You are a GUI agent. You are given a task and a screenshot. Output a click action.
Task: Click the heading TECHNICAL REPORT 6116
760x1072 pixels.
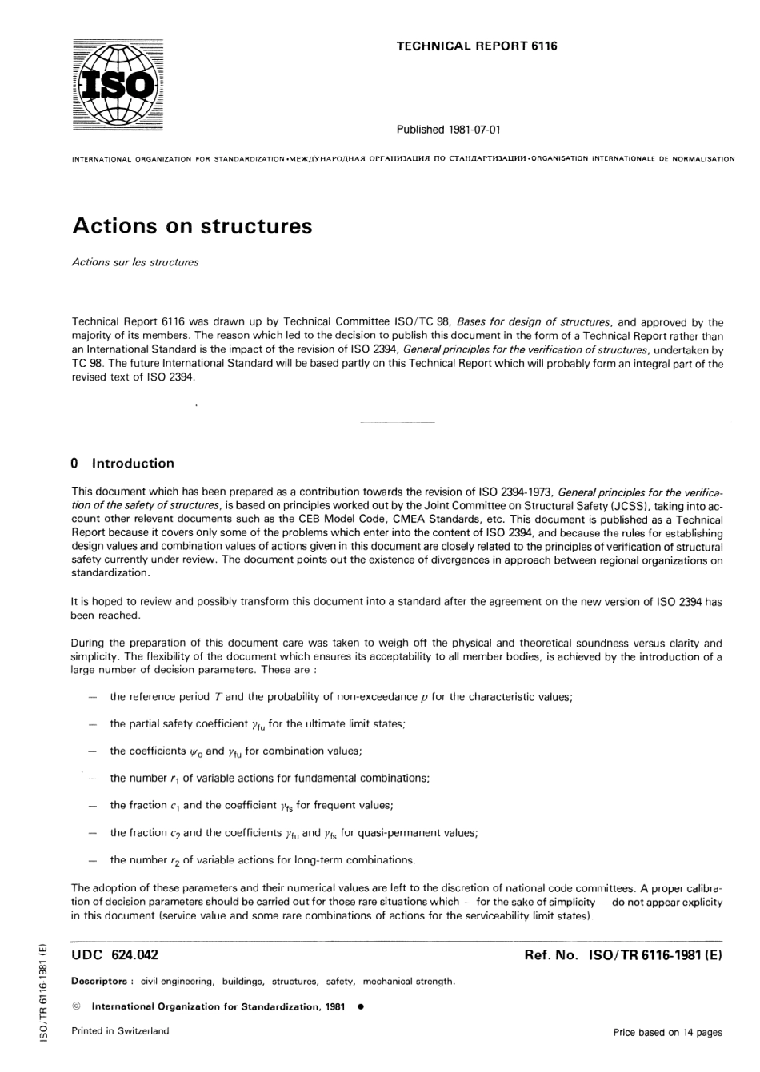pos(477,46)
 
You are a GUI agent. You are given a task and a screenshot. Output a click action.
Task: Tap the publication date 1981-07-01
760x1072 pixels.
pos(470,130)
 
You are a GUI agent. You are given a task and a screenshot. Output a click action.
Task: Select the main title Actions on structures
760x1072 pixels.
pos(192,226)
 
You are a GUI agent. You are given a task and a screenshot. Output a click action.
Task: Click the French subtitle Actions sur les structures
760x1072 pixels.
pos(135,262)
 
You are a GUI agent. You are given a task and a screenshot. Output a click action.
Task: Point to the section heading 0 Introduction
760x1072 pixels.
pos(122,463)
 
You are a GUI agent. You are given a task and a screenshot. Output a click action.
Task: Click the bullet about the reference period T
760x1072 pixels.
pos(341,697)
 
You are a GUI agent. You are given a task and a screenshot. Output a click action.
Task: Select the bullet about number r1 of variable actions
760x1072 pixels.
pos(270,778)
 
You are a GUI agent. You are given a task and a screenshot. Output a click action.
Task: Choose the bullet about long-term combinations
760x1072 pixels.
pos(262,860)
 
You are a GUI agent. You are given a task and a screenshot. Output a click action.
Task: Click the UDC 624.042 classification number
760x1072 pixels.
pos(115,955)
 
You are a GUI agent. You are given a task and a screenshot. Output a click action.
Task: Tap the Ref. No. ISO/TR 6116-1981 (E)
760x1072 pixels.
pos(622,955)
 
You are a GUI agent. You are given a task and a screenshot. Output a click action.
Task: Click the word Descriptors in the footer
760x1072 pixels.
pos(99,981)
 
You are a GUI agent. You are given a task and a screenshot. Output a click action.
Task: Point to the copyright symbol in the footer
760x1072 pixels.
pos(77,1006)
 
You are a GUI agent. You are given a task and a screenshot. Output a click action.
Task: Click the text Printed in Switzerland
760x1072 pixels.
pos(120,1031)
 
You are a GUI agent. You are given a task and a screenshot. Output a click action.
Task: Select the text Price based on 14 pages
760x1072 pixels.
pos(667,1032)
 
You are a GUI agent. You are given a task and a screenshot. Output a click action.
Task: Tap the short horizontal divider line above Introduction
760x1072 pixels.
pos(398,421)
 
